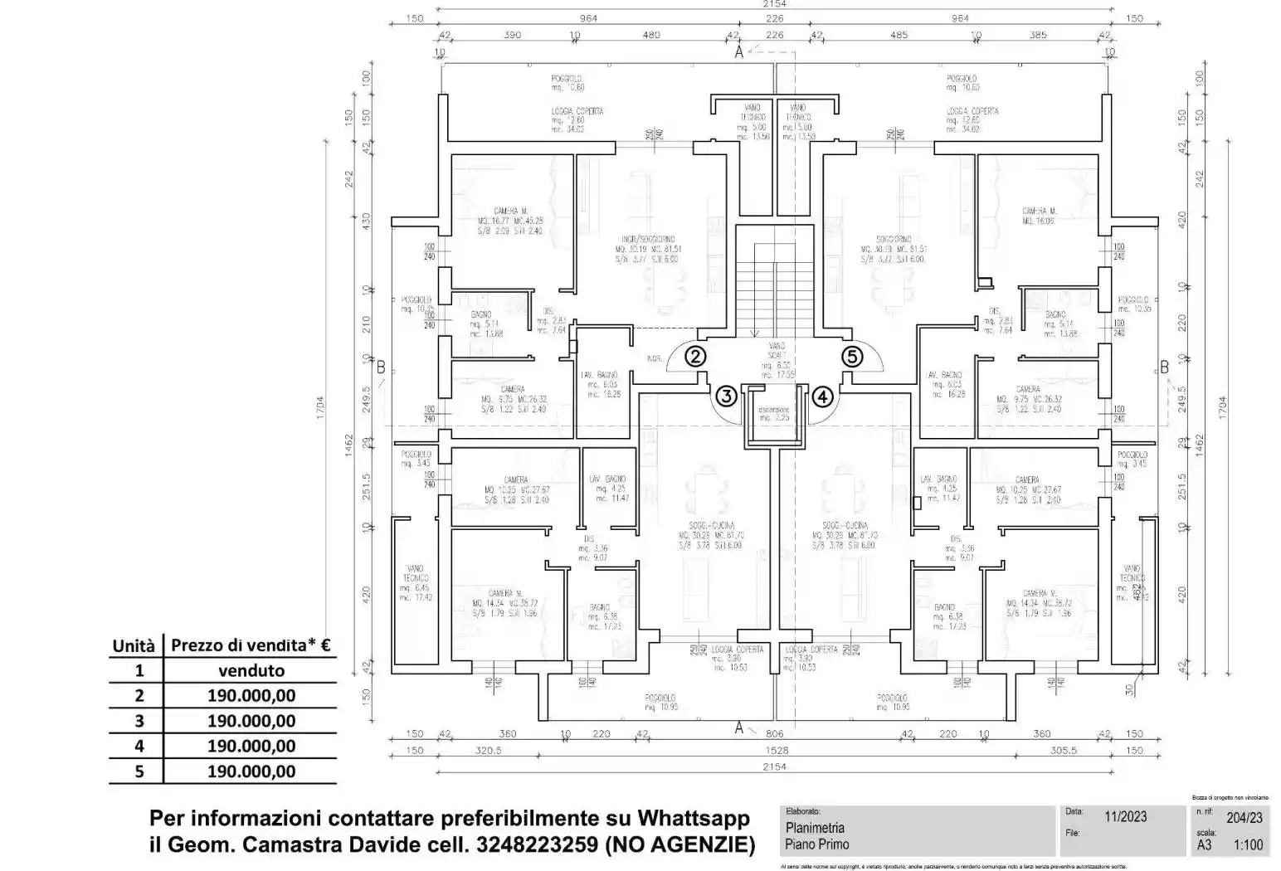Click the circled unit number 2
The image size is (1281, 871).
pyautogui.click(x=695, y=357)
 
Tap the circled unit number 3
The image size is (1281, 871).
pyautogui.click(x=727, y=396)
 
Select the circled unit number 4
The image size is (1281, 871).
pyautogui.click(x=822, y=397)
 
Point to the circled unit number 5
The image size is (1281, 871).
pyautogui.click(x=852, y=357)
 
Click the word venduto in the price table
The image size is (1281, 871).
pyautogui.click(x=251, y=670)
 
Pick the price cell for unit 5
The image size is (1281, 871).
pyautogui.click(x=251, y=771)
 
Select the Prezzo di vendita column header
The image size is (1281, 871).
pyautogui.click(x=251, y=645)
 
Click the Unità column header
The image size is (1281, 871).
pyautogui.click(x=134, y=645)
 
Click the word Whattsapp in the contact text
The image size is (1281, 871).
pyautogui.click(x=694, y=818)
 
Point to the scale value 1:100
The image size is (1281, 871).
pyautogui.click(x=1248, y=845)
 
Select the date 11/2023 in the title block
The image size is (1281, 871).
pyautogui.click(x=1126, y=817)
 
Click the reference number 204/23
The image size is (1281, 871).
pyautogui.click(x=1244, y=818)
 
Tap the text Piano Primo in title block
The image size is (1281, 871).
pyautogui.click(x=817, y=844)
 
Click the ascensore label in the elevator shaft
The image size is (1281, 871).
pyautogui.click(x=774, y=410)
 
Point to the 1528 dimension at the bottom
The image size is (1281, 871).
pyautogui.click(x=774, y=750)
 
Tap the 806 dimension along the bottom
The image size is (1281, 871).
pyautogui.click(x=774, y=733)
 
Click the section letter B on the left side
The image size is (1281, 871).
pyautogui.click(x=381, y=367)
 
